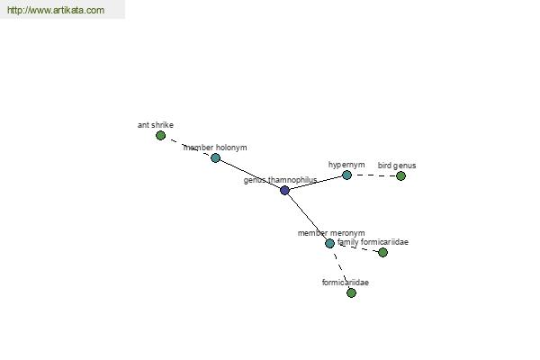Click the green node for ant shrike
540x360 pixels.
160,136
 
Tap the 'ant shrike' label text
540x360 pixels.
156,125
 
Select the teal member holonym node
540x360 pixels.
215,157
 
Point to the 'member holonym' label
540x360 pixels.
215,147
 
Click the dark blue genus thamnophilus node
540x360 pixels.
284,190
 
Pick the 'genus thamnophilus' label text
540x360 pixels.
280,180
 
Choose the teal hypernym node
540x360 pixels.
346,175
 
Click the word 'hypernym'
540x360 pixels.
346,165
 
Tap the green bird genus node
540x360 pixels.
400,175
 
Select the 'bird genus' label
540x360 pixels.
397,166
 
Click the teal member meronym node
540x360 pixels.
329,243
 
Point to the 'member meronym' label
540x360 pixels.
331,233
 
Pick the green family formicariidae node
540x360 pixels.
382,252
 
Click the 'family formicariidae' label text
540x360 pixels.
373,242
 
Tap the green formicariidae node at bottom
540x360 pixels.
351,292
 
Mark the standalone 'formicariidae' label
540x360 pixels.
345,283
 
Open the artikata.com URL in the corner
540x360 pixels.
55,11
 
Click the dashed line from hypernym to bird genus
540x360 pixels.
373,175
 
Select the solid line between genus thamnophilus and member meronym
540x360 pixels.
307,217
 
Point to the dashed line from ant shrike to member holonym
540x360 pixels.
188,147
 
